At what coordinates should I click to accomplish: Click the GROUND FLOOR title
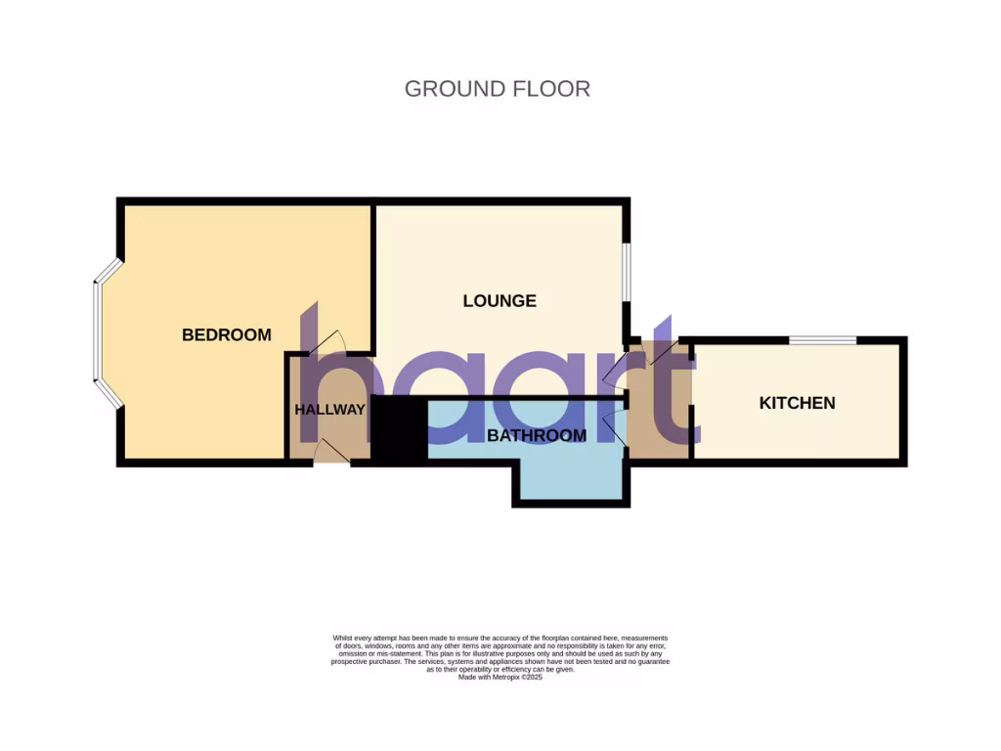pos(497,89)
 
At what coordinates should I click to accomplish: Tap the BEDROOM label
pos(227,335)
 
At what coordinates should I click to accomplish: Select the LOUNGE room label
pos(500,301)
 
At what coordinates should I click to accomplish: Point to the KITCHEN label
pos(797,403)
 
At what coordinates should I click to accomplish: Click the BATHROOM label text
pos(537,436)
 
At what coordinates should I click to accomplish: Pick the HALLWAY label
pos(329,410)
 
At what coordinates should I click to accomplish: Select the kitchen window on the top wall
pos(823,340)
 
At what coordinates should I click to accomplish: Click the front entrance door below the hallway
pos(330,452)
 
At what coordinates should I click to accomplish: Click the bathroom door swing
pos(614,427)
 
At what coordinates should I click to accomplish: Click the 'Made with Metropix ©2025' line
pos(500,677)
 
